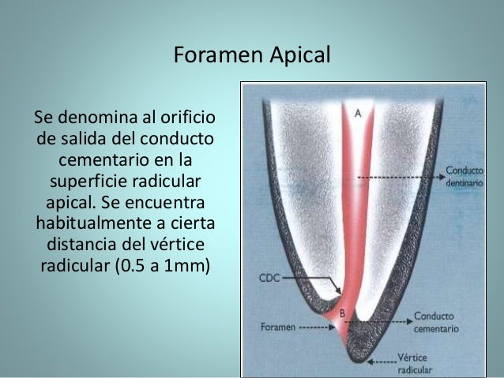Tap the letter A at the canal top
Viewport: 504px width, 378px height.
pyautogui.click(x=358, y=113)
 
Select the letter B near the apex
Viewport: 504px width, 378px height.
pyautogui.click(x=343, y=314)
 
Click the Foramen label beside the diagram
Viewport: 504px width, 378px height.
pyautogui.click(x=277, y=325)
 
